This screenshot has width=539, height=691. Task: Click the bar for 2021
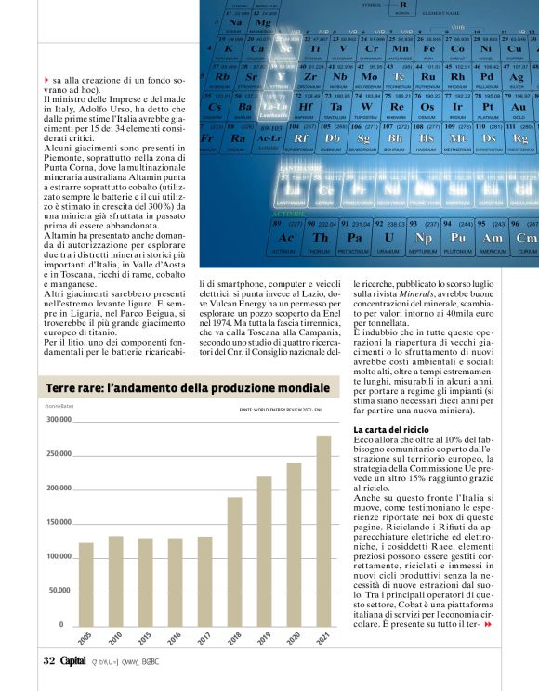323,529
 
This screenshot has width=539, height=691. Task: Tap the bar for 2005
85,582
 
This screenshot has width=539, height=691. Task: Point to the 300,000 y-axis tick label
59,420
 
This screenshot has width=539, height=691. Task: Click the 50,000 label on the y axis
59,590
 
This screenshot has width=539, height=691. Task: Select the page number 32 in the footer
49,660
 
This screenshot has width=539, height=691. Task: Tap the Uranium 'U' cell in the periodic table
388,237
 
